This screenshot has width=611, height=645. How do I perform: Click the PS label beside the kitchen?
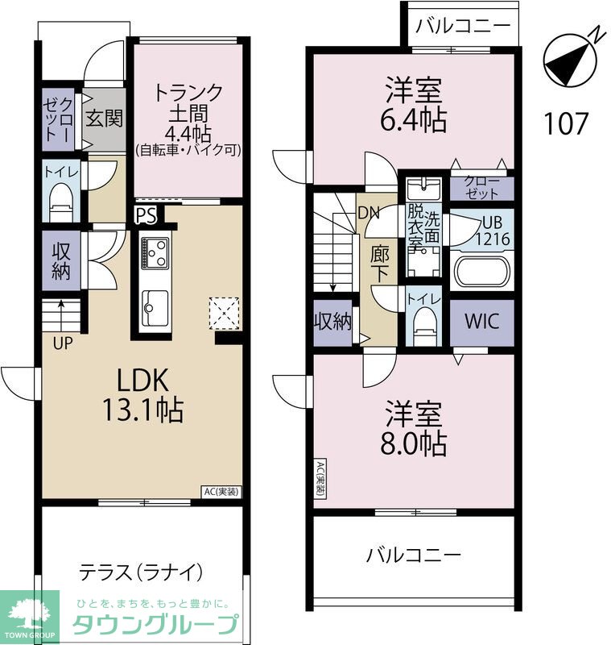point(147,215)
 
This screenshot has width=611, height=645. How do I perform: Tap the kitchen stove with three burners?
point(155,252)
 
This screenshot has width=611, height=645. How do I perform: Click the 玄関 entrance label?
point(105,119)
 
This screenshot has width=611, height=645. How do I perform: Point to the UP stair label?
point(63,343)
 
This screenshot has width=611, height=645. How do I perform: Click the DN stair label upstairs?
point(369,213)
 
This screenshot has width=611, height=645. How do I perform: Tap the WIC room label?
point(481,321)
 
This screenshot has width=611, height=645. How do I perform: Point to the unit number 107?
point(566,123)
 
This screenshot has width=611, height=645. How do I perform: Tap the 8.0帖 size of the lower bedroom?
point(414,443)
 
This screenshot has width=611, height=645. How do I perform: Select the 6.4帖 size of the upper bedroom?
point(414,119)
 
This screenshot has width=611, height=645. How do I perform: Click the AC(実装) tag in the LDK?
point(221,491)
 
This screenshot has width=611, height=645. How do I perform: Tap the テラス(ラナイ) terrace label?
point(141,572)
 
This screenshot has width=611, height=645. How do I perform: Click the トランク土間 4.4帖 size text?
point(188,134)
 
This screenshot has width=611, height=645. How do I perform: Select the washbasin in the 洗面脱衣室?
point(423,189)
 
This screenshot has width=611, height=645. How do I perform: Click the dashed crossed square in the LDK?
point(225,314)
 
